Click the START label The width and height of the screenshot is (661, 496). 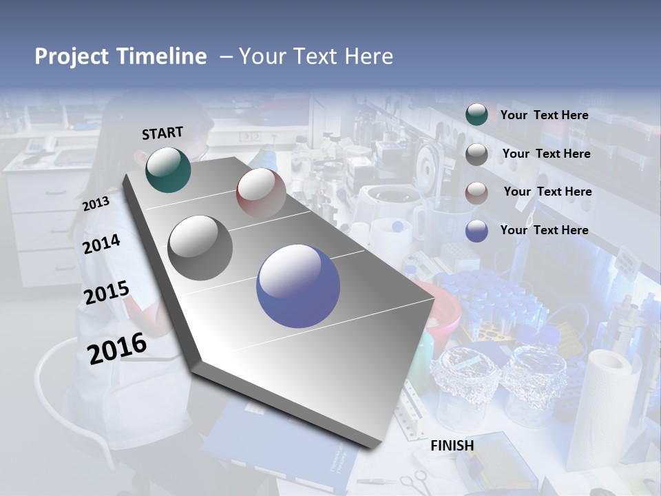point(162,133)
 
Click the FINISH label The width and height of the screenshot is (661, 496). point(452,446)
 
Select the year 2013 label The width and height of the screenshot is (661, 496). point(96,204)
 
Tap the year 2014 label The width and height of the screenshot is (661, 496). point(102,244)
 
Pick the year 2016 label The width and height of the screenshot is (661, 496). point(117,348)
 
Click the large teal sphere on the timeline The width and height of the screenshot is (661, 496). point(169,169)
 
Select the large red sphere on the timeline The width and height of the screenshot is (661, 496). point(261,193)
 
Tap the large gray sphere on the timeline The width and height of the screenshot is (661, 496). point(200,247)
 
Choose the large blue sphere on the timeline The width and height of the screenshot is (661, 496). point(298,286)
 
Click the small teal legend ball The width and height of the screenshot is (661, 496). point(476,115)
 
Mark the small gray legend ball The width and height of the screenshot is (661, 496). point(476,154)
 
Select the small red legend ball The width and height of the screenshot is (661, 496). point(476,193)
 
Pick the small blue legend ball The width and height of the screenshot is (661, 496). point(476,231)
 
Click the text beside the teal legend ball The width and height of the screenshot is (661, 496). point(544,115)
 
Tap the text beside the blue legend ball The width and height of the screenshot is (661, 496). point(544,230)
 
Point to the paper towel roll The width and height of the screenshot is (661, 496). point(606,400)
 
